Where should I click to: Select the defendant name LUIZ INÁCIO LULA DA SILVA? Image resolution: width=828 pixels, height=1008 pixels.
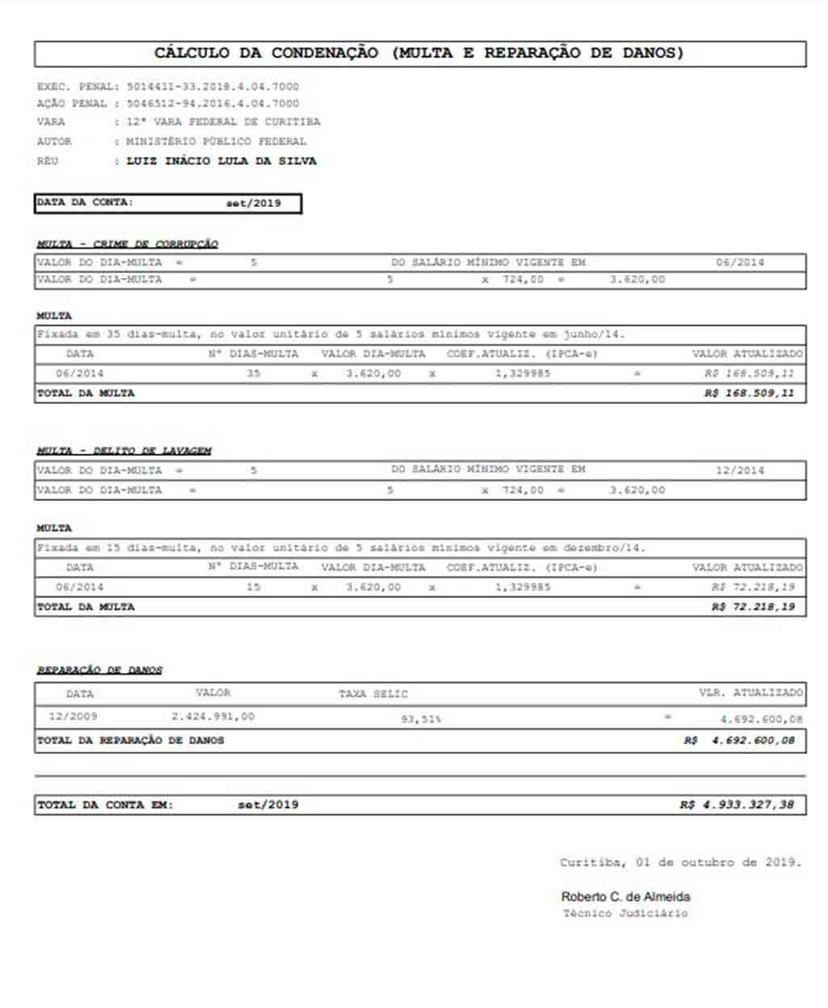(x=221, y=161)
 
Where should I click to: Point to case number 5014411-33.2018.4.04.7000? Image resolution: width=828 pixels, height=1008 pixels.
(x=213, y=86)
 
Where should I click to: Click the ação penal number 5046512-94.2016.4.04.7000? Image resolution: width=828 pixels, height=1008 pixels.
(x=213, y=103)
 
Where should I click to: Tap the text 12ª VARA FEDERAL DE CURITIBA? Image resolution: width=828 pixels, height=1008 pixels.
(x=223, y=122)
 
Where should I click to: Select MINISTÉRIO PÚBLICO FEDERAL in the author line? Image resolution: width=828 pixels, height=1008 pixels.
(x=216, y=141)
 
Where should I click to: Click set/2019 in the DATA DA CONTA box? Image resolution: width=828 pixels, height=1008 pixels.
(x=253, y=203)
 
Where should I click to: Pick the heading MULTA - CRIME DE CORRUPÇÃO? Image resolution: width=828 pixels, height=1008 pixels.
(x=127, y=244)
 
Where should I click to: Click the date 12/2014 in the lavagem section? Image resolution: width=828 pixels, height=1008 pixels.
(x=739, y=470)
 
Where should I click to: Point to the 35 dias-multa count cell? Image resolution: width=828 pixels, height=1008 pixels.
(x=253, y=373)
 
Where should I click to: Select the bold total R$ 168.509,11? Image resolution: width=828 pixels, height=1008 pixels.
(x=749, y=394)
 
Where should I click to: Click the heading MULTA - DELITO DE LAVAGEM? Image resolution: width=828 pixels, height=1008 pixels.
(x=124, y=451)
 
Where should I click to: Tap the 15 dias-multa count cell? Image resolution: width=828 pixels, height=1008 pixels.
(x=253, y=587)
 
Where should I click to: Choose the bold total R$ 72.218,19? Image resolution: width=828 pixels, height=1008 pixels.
(x=753, y=607)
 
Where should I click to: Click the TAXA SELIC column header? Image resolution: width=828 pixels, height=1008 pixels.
(x=373, y=694)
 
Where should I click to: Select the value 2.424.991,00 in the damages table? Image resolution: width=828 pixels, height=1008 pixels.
(x=213, y=716)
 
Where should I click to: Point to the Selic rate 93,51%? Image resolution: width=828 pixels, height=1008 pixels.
(x=420, y=719)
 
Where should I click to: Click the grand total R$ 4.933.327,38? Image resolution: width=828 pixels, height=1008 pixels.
(x=737, y=805)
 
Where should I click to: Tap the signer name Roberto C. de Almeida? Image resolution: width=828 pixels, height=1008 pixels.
(x=625, y=896)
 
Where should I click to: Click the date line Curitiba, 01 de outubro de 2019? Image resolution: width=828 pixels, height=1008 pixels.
(x=680, y=862)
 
